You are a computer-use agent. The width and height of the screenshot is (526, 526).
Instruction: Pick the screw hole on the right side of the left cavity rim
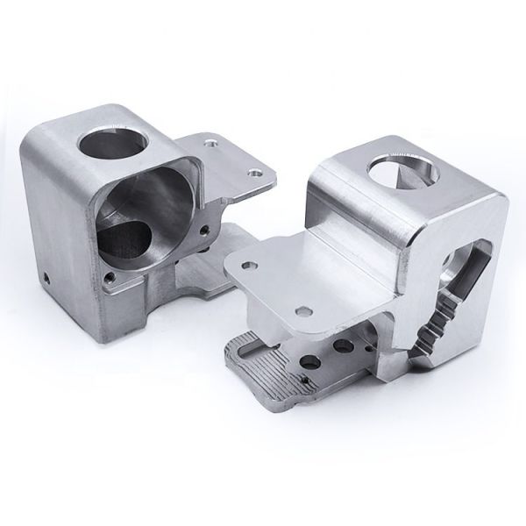tap(204, 231)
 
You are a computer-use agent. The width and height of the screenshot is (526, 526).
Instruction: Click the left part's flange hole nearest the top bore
tap(210, 139)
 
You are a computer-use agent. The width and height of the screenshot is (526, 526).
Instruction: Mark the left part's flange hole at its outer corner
tap(255, 174)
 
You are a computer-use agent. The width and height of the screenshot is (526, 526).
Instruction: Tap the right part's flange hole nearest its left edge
tap(250, 262)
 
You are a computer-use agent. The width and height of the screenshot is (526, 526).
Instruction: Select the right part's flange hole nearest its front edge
tap(304, 309)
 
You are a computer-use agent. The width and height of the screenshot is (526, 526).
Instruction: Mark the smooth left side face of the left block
tap(53, 219)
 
